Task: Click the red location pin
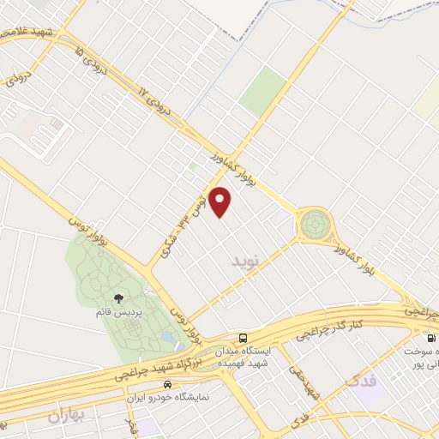click(x=221, y=201)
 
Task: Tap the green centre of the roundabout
click(x=313, y=226)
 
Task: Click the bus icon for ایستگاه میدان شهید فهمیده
click(x=244, y=338)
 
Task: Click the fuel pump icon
click(x=418, y=339)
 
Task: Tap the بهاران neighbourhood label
click(x=69, y=417)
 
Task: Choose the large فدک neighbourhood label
click(x=362, y=378)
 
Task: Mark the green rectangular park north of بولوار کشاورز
click(x=264, y=93)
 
